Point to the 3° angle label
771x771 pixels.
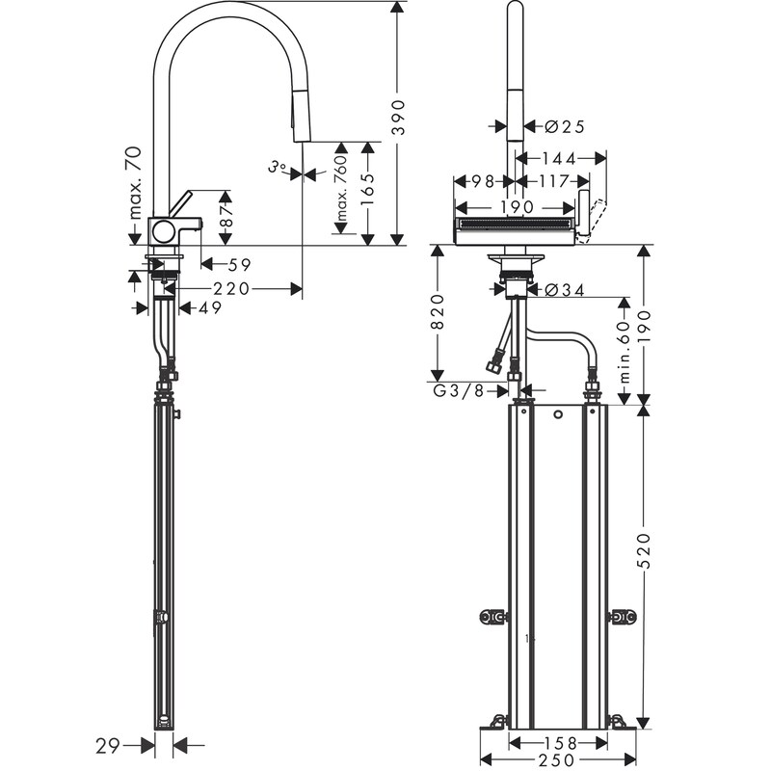click(x=278, y=167)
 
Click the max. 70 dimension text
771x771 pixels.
click(x=134, y=182)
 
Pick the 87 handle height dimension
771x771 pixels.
click(x=226, y=215)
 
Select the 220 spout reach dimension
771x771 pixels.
click(x=231, y=288)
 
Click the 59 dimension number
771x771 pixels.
click(x=239, y=265)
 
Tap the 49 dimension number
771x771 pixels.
click(x=210, y=308)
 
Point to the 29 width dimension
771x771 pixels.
click(x=108, y=746)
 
